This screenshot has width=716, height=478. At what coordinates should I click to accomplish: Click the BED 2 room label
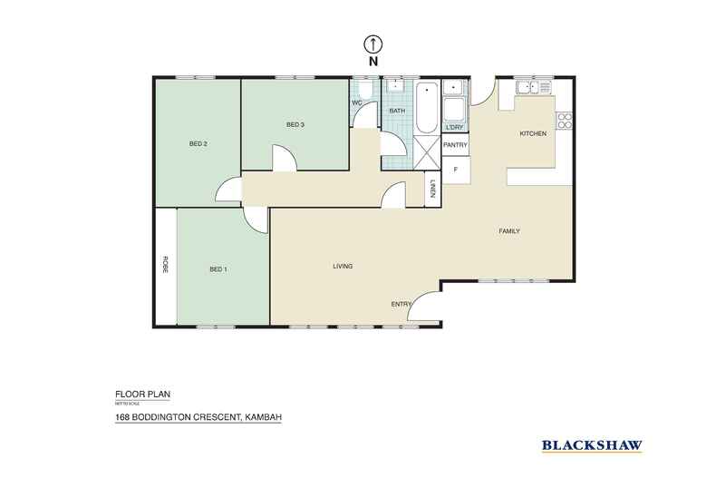click(x=198, y=143)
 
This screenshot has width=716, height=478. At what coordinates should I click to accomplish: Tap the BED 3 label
click(x=295, y=124)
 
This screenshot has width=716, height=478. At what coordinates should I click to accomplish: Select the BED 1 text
click(x=219, y=268)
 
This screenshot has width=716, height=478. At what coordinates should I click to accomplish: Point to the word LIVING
click(x=342, y=266)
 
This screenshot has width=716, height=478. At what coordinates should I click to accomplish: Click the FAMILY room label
click(x=509, y=231)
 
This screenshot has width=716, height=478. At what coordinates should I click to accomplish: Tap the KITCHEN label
click(x=532, y=134)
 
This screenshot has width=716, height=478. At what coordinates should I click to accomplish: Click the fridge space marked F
click(x=455, y=169)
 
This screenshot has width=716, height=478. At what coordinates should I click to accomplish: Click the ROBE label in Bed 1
click(x=166, y=265)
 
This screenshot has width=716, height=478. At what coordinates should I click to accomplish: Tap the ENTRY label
click(x=401, y=304)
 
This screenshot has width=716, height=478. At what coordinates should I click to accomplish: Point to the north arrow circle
click(x=372, y=43)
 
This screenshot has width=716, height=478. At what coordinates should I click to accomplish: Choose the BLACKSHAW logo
click(x=591, y=444)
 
